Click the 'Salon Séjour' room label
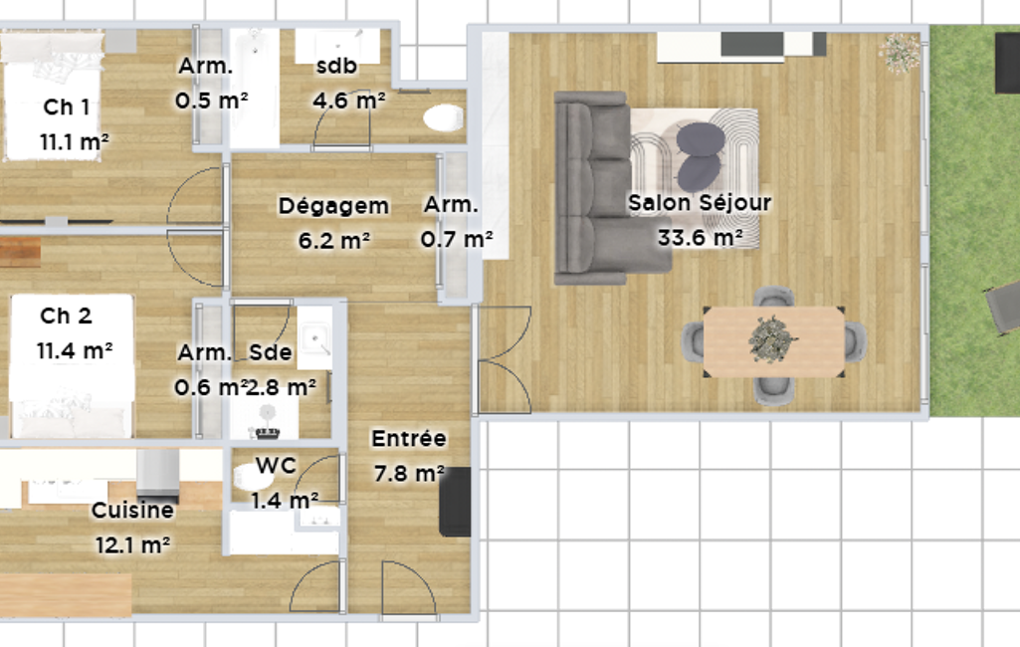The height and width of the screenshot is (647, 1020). pyautogui.click(x=700, y=203)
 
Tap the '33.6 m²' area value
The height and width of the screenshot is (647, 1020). pyautogui.click(x=700, y=238)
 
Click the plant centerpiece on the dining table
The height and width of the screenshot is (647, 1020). pyautogui.click(x=772, y=339)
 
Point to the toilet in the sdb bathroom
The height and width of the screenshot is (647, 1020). pyautogui.click(x=444, y=118)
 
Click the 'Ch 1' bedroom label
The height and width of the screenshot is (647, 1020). pyautogui.click(x=67, y=108)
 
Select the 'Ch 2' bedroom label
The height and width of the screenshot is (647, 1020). pyautogui.click(x=66, y=317)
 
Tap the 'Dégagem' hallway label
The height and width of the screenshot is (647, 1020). pyautogui.click(x=333, y=206)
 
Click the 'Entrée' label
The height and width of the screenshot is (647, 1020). pyautogui.click(x=409, y=439)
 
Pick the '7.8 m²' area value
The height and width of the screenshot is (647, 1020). pyautogui.click(x=409, y=473)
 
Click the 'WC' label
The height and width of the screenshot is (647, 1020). pyautogui.click(x=276, y=466)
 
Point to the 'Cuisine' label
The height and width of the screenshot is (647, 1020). pyautogui.click(x=132, y=511)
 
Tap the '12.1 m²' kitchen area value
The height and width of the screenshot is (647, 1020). pyautogui.click(x=132, y=544)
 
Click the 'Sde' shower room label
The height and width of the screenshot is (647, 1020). pyautogui.click(x=271, y=352)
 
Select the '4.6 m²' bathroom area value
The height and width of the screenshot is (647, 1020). pyautogui.click(x=348, y=101)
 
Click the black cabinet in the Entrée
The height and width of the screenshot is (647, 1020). pyautogui.click(x=456, y=502)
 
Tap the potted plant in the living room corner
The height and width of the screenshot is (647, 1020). pyautogui.click(x=901, y=52)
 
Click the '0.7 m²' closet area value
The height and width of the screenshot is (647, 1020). pyautogui.click(x=457, y=240)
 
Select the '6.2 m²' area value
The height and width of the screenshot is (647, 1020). pyautogui.click(x=334, y=241)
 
